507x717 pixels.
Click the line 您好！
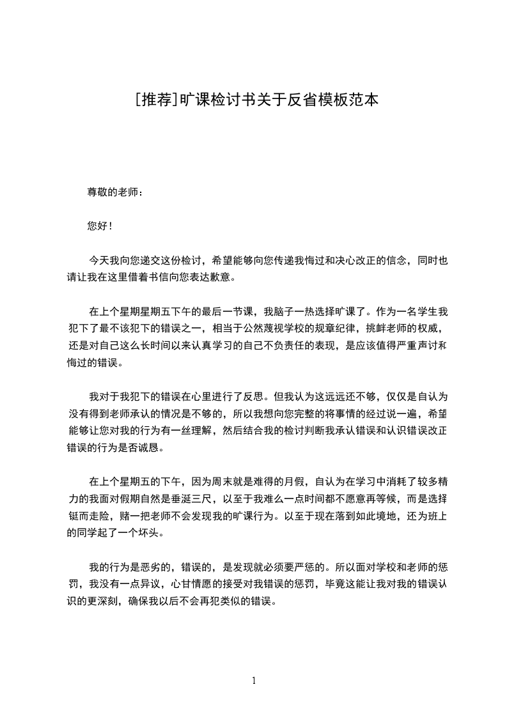(100, 226)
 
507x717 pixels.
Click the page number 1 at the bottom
(254, 681)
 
